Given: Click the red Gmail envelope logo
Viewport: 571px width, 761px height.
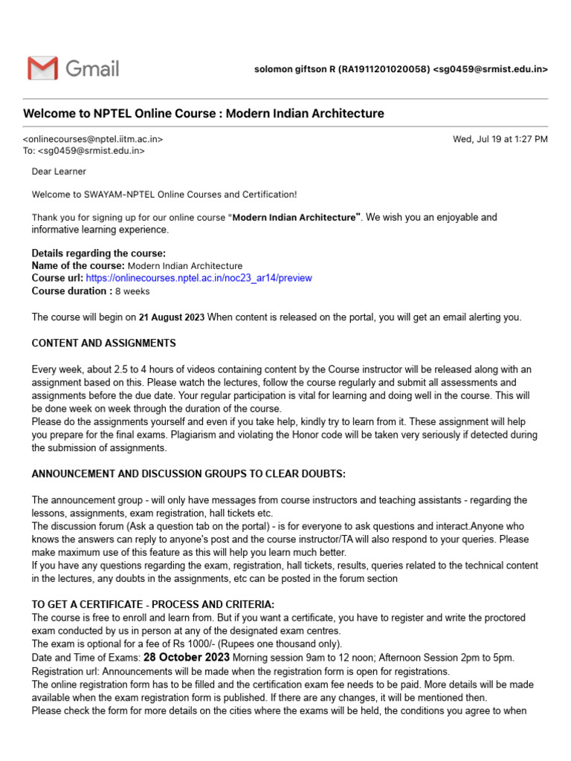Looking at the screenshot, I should pos(42,68).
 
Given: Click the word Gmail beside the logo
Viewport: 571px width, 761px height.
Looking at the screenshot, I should pos(92,69).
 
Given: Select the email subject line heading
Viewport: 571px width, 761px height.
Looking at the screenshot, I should pos(204,114).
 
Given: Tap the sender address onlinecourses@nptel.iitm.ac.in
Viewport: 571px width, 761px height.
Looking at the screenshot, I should pos(93,139).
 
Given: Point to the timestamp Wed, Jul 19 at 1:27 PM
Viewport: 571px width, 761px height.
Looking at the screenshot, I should pos(500,139).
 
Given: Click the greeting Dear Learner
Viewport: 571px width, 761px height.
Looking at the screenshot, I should pos(59,172).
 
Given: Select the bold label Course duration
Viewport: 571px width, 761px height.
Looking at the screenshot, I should pos(71,291).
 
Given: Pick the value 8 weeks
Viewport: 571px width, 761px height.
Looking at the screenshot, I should pos(132,291).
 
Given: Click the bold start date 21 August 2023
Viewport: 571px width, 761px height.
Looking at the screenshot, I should pos(171,317).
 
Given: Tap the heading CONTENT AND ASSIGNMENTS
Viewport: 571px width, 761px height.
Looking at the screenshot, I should pos(103,343).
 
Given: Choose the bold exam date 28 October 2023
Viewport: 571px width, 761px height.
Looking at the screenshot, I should pos(187,658).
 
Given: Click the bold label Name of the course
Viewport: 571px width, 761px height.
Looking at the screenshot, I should pos(78,265).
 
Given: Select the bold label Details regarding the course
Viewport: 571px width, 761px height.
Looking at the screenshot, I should pos(98,253).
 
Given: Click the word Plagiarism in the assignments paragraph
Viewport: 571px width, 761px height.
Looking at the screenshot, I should pos(263,435).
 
